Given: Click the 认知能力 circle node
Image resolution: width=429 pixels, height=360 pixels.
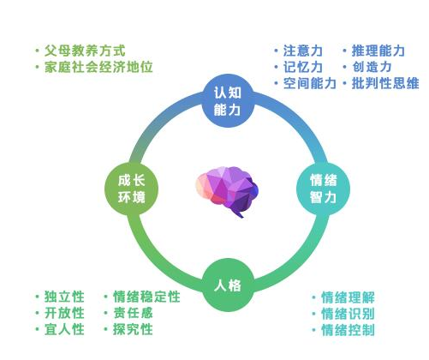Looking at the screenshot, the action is pos(228,101).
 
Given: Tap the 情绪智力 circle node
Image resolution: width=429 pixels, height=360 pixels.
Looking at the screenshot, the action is pos(324,189).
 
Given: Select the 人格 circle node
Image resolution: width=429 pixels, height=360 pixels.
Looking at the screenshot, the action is pos(228,285).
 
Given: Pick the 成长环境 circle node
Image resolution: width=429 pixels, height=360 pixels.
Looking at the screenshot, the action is pos(132,189).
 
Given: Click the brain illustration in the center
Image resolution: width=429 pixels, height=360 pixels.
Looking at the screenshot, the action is pos(227,191).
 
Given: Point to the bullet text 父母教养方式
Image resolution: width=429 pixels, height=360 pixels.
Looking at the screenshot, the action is pos(85,51).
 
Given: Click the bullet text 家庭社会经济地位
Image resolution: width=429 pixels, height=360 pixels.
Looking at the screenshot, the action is pos(98,67).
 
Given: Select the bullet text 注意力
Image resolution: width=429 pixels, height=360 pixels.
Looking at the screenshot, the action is pos(303,51).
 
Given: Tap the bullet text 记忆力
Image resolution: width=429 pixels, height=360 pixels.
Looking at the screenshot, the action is pos(303,67).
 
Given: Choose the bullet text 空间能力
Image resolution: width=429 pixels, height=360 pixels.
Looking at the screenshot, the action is pos(309,83).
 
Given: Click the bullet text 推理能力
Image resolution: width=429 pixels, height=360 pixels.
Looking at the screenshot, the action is pos(378,51).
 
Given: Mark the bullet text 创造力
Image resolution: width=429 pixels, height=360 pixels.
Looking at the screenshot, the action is pos(372,67).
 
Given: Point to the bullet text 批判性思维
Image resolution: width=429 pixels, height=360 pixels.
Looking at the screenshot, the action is pos(385,83).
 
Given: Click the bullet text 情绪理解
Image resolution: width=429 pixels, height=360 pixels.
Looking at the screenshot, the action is pos(348,297).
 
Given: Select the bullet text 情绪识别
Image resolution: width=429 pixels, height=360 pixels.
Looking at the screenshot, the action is pos(348,314).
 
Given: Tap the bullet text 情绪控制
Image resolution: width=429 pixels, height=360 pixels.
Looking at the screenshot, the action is pos(348,330).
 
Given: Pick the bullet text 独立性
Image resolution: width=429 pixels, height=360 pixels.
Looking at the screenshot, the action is pos(64,297).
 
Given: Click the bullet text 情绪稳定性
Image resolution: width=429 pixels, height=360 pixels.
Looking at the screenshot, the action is pos(146,297).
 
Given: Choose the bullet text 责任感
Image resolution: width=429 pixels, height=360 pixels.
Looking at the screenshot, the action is pos(133,313).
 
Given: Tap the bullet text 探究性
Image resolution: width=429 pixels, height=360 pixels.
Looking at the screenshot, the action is pos(133,329).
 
